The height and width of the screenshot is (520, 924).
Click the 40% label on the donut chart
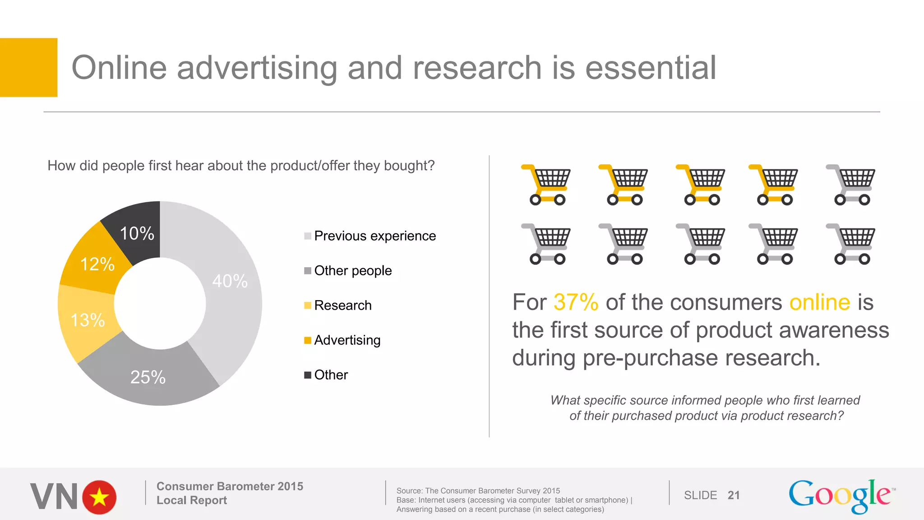coord(230,281)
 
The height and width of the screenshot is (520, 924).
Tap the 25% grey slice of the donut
coord(148,377)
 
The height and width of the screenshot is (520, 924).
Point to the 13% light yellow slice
coord(88,320)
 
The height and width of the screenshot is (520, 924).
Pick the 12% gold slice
coord(97,264)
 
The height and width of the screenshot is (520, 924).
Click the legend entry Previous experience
coord(374,236)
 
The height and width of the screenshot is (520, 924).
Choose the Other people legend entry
coord(352,271)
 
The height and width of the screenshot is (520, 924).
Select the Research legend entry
coord(342,306)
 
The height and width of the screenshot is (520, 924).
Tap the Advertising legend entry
coord(347,340)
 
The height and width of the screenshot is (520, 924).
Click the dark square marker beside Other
coord(308,375)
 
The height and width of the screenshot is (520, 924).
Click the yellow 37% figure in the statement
coord(576,302)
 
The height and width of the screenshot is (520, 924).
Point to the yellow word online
coord(819,302)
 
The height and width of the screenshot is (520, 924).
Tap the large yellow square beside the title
coord(28,67)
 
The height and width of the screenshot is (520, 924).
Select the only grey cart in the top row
coord(851,185)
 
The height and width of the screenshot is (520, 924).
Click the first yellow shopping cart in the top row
coord(546,185)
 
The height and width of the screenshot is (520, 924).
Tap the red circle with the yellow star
coord(99,497)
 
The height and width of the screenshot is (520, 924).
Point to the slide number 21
coord(734,496)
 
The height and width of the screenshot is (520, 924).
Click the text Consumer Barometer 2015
coord(230,486)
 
